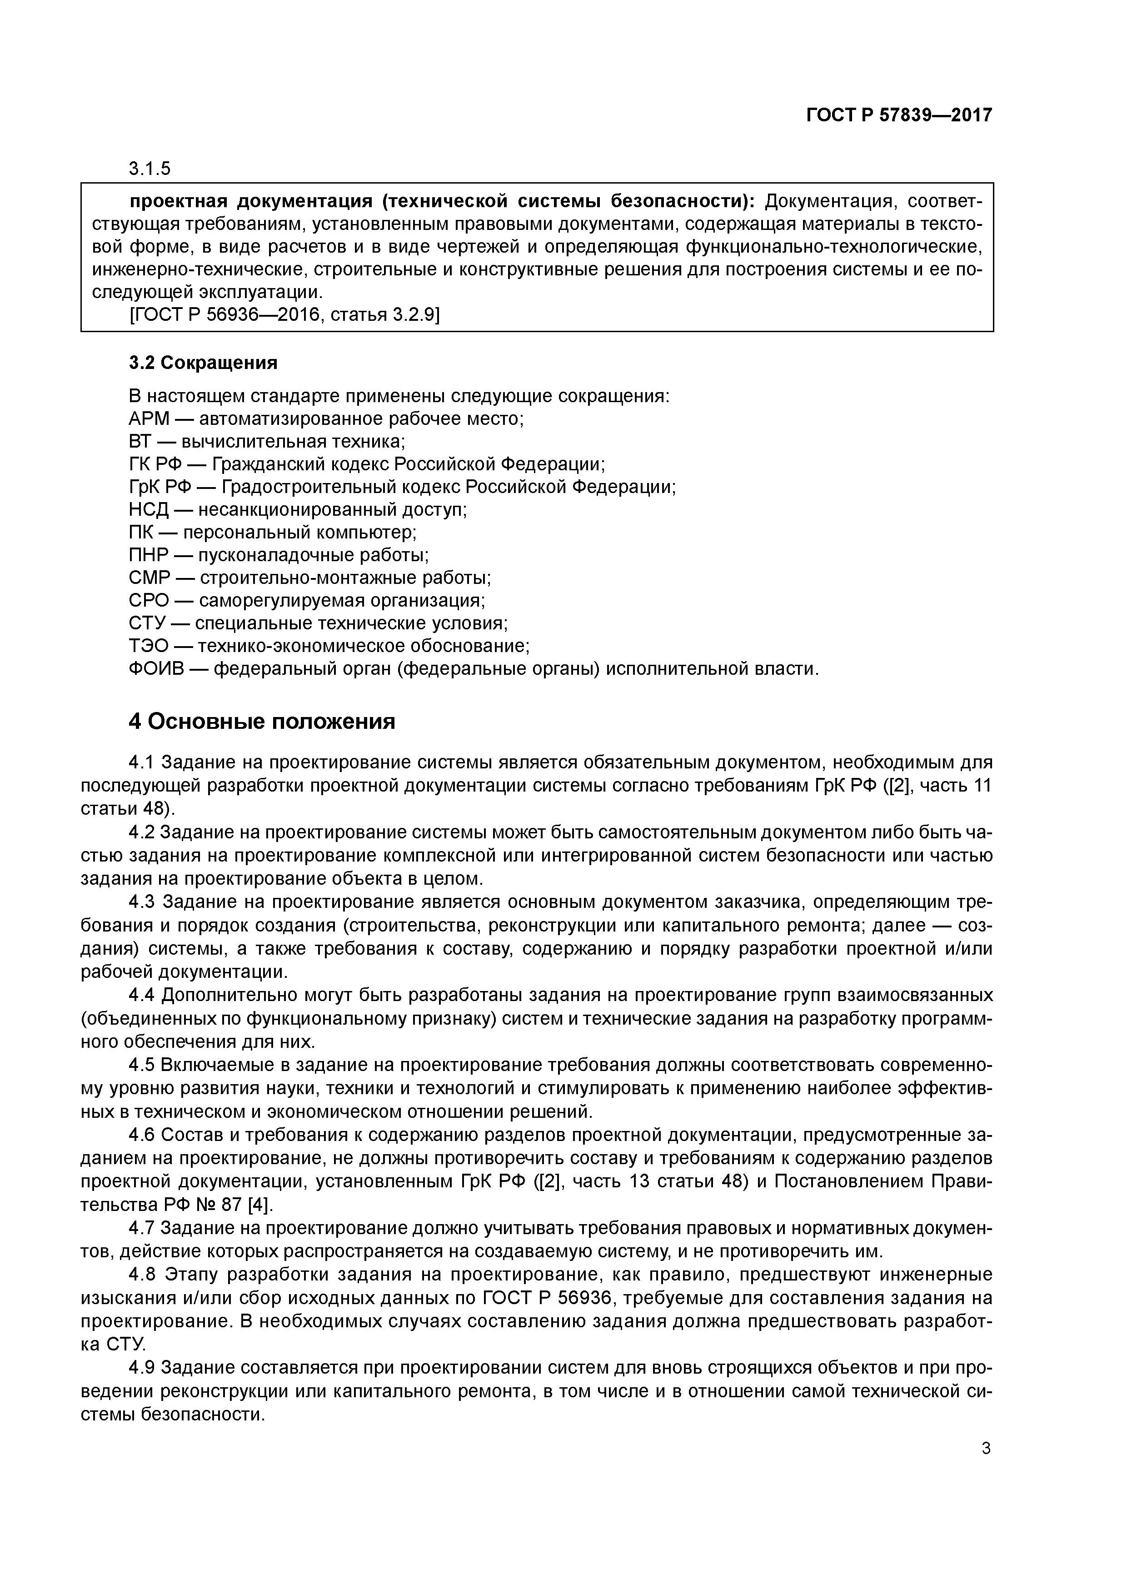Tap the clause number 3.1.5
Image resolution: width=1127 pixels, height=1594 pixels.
coord(150,169)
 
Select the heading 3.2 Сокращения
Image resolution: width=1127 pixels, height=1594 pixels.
coord(203,363)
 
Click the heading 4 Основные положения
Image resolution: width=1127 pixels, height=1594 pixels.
coord(262,722)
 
